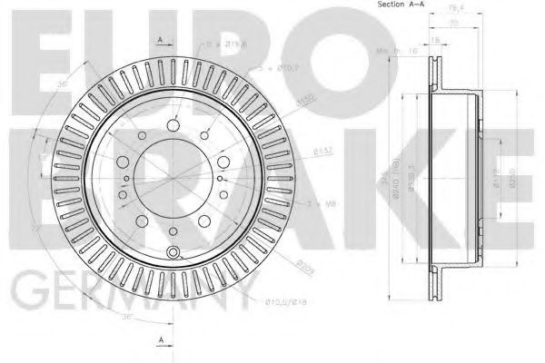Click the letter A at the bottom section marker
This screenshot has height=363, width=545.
tap(160, 338)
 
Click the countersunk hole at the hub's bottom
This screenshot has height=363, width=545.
tap(173, 250)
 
